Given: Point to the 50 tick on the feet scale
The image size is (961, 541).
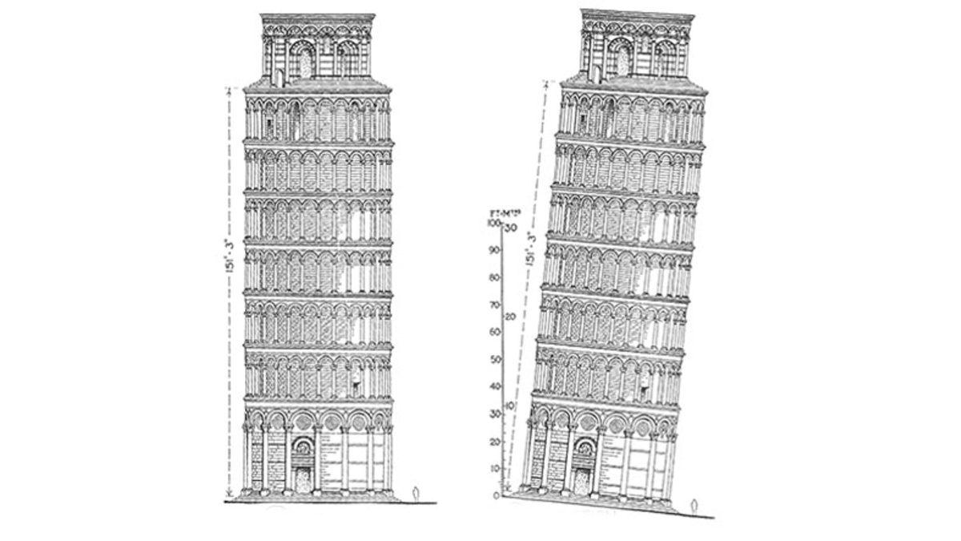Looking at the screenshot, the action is point(495,359).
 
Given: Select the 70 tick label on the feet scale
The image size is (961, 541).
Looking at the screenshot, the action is point(495,305).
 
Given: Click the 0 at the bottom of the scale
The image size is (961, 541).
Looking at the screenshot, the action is point(497,495).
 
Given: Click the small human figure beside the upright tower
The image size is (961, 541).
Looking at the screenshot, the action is point(414,492).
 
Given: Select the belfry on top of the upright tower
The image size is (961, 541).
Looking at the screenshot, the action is point(318,48).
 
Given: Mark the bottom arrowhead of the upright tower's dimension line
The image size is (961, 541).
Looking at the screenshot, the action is point(230,493).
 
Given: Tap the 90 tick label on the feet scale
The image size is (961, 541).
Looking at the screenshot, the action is point(495,251).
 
